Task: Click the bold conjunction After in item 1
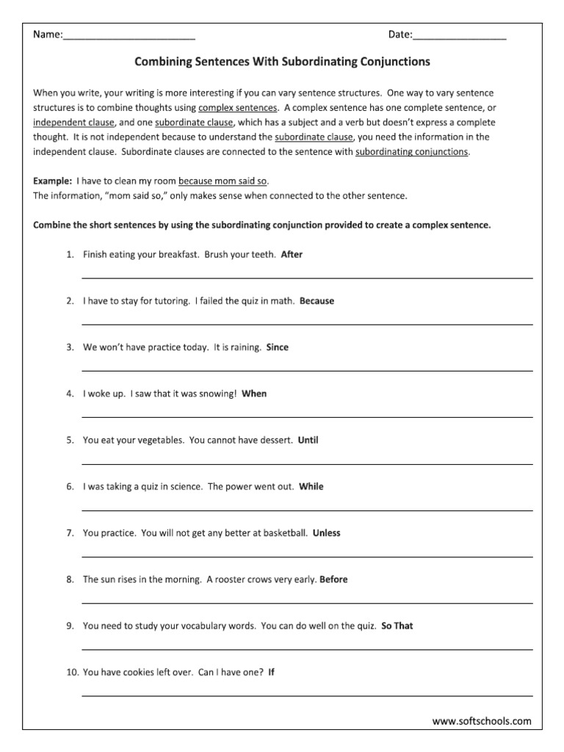point(292,255)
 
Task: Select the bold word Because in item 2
point(317,301)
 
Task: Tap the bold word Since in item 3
point(278,347)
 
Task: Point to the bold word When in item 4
point(254,394)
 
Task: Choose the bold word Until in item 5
point(308,441)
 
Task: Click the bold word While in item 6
point(311,486)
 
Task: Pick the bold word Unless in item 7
point(327,533)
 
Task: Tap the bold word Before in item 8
point(334,579)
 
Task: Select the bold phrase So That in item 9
point(397,626)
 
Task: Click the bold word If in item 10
point(272,672)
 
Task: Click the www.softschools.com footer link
point(482,721)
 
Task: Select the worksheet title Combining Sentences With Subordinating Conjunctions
point(282,62)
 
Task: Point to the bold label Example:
point(53,181)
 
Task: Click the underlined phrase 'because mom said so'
point(223,181)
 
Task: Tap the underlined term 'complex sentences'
point(238,108)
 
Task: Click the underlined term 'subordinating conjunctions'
point(411,152)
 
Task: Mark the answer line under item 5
point(307,463)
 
